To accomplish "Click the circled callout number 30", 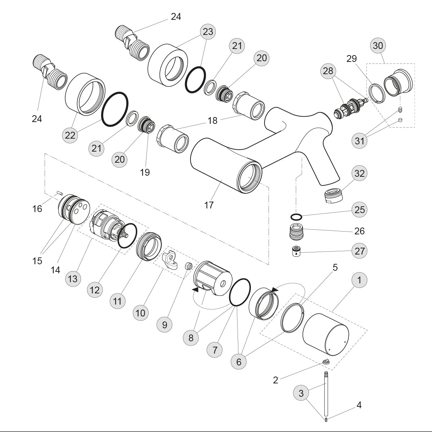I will click(378, 46).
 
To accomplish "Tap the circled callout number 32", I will click(360, 174).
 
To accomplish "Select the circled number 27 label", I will click(360, 251).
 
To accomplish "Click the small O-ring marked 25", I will click(296, 217).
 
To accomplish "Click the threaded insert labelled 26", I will click(298, 231).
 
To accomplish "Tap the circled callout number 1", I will click(359, 280).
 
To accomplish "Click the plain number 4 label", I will click(359, 405).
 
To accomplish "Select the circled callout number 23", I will click(208, 32).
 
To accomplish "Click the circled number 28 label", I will click(328, 71).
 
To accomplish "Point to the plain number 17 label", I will click(209, 205).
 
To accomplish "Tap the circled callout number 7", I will click(215, 350).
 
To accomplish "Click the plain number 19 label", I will click(145, 172).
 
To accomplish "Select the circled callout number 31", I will click(360, 141).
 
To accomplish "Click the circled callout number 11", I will click(117, 301).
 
